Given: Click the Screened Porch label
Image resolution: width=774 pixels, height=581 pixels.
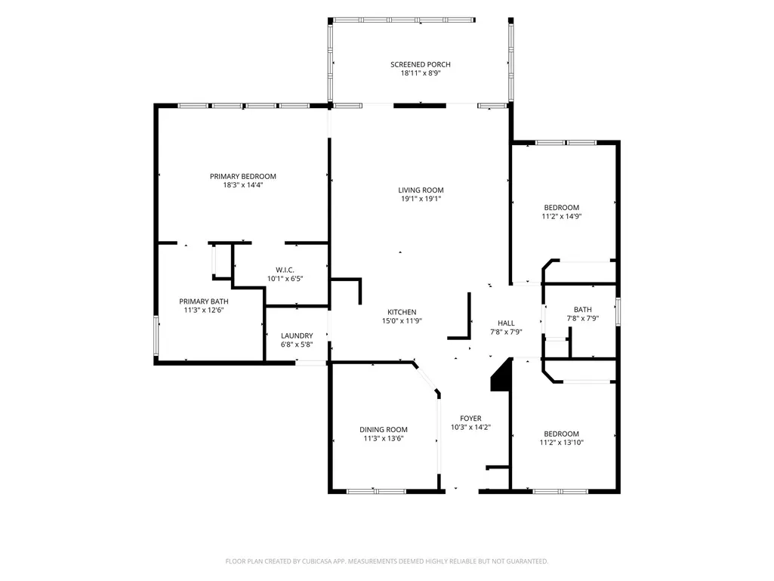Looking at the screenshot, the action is [421, 64].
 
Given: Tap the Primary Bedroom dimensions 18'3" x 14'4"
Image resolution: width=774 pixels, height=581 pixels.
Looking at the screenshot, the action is [243, 185].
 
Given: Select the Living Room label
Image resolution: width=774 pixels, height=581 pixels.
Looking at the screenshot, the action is [421, 190].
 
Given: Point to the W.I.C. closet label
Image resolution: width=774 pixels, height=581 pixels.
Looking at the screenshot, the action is [285, 270].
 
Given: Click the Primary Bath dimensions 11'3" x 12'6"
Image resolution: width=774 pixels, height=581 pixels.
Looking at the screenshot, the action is [204, 311].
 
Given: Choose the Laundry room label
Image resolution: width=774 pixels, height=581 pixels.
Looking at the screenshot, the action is [298, 336].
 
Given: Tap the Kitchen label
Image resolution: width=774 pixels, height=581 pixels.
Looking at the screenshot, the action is [402, 312].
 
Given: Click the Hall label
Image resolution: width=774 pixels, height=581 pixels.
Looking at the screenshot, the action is [506, 323].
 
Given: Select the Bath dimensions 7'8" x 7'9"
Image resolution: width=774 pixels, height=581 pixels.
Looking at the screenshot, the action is [583, 319].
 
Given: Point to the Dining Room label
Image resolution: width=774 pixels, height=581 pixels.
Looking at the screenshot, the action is [384, 430].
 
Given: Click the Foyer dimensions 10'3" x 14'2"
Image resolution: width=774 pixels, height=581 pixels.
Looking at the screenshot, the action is [471, 428].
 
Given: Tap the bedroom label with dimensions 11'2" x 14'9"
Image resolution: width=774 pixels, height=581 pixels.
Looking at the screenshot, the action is [562, 208].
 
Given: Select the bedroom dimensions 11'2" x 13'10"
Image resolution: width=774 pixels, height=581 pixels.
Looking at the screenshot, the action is [562, 443].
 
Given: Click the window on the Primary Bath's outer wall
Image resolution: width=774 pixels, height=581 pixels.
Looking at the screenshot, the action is [156, 335].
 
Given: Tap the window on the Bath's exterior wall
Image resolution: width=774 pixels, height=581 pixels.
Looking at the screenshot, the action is [618, 312].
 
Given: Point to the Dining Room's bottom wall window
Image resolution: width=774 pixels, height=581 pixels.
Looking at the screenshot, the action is [376, 492].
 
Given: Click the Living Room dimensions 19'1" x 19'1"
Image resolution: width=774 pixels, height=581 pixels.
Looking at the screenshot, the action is [421, 199].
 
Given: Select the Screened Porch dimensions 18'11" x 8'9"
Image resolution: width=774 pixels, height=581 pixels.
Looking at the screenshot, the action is [421, 73].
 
